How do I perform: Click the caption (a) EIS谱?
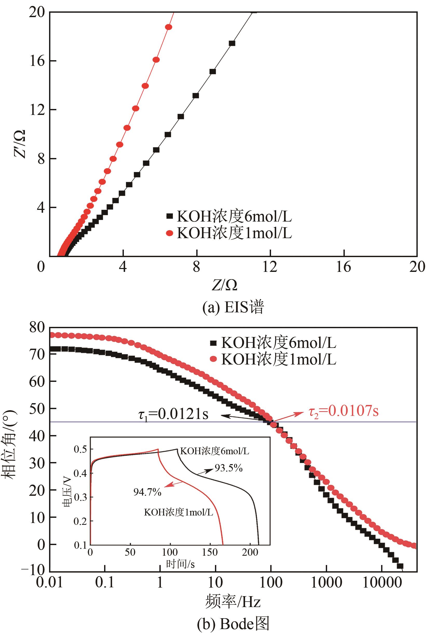pos(233,307)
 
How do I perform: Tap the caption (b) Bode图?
pos(233,624)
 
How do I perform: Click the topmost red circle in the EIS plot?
pos(168,27)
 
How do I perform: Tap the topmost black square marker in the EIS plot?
pos(232,43)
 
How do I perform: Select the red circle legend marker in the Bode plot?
pos(213,359)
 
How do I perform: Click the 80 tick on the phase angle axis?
pos(37,328)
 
